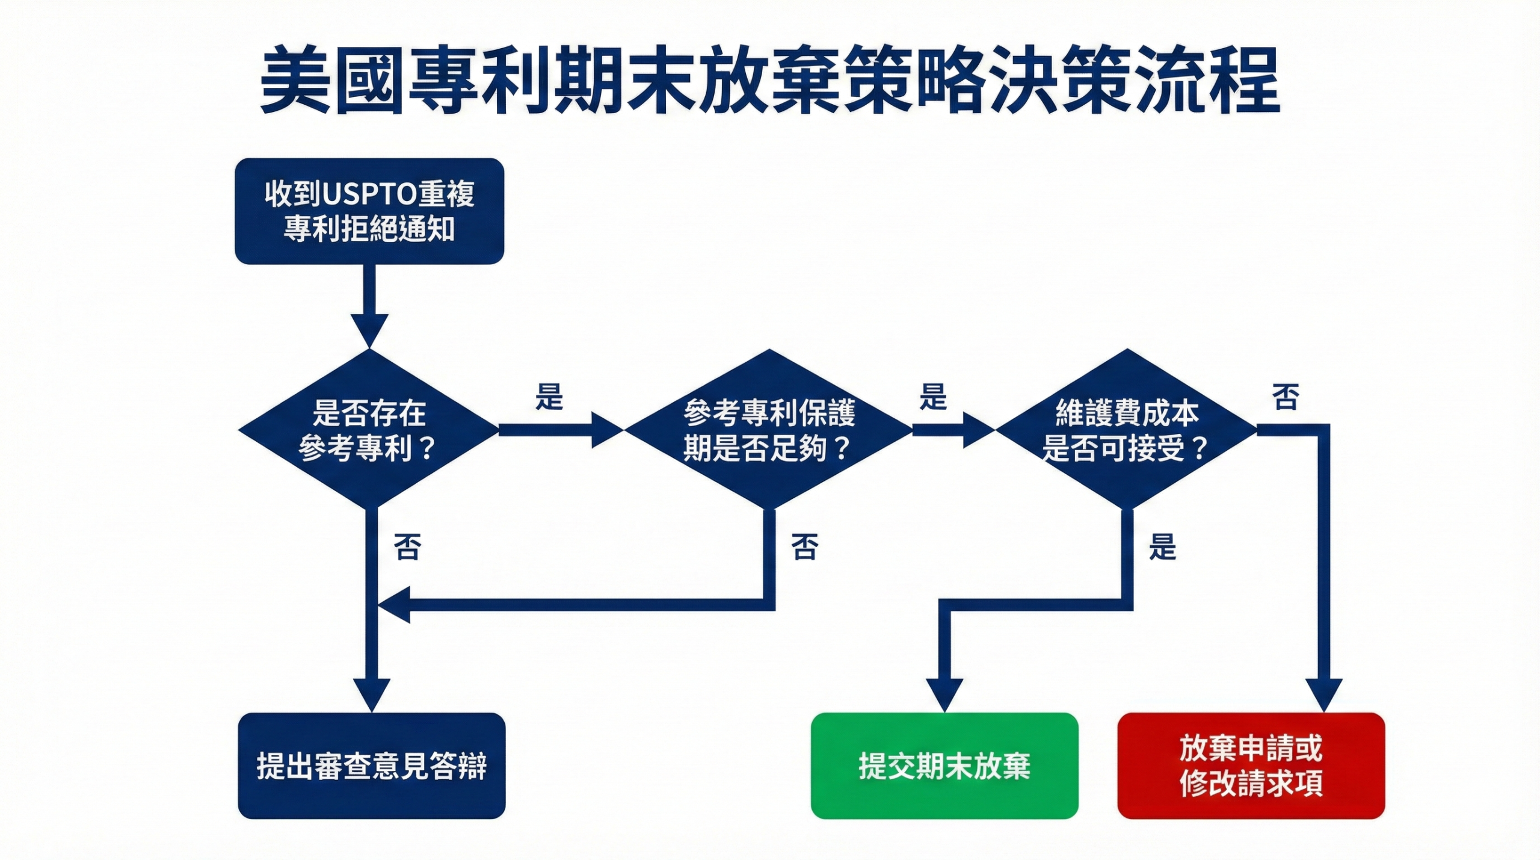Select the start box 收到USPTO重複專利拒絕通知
pyautogui.click(x=369, y=211)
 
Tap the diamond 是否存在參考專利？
pyautogui.click(x=369, y=430)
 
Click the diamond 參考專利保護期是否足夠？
pyautogui.click(x=768, y=430)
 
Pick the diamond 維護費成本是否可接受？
pyautogui.click(x=1126, y=430)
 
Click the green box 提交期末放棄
pyautogui.click(x=944, y=766)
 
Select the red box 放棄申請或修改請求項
pyautogui.click(x=1251, y=766)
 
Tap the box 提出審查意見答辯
pyautogui.click(x=371, y=766)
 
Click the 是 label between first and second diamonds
pyautogui.click(x=549, y=397)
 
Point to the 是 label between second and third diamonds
pyautogui.click(x=933, y=397)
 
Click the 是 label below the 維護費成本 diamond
pyautogui.click(x=1162, y=547)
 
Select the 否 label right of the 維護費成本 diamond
pyautogui.click(x=1286, y=397)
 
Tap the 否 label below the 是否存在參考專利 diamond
pyautogui.click(x=407, y=547)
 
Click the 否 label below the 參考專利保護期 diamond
pyautogui.click(x=805, y=547)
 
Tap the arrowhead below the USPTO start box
pyautogui.click(x=369, y=330)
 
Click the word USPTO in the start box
pyautogui.click(x=369, y=194)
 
